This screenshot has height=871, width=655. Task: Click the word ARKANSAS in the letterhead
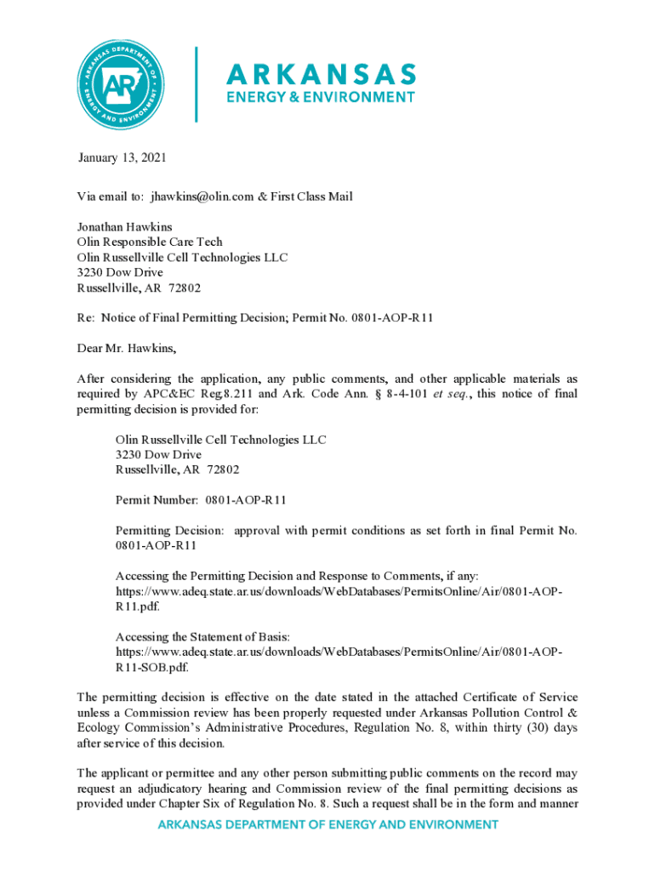321,73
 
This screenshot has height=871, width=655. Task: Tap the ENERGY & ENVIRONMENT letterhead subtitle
320,97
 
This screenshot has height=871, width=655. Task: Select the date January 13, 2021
122,158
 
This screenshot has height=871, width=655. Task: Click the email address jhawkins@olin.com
202,196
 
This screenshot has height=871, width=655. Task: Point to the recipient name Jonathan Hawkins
124,227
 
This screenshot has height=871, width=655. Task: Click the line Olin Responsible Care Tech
150,242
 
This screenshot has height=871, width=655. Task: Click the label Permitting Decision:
170,531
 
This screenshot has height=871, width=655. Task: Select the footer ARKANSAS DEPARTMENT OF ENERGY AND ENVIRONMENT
327,824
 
